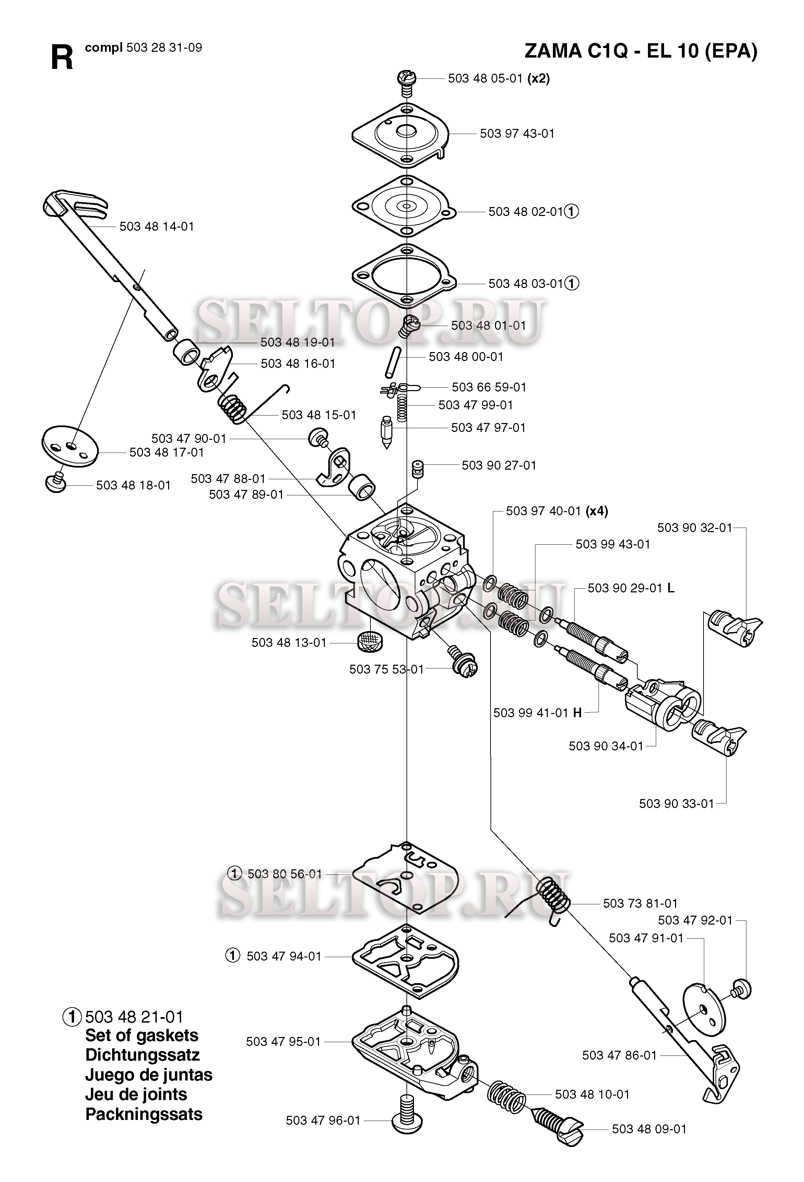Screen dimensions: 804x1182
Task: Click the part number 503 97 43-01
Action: tap(517, 134)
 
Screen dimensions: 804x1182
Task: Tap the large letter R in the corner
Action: tap(62, 58)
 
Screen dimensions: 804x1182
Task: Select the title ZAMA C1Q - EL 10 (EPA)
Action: tap(641, 51)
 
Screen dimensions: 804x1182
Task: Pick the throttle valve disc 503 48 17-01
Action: tap(69, 446)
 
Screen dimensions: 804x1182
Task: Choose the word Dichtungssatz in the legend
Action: tap(142, 1055)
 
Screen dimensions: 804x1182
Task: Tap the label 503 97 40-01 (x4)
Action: tap(557, 511)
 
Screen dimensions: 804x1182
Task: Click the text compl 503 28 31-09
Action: tap(143, 48)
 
